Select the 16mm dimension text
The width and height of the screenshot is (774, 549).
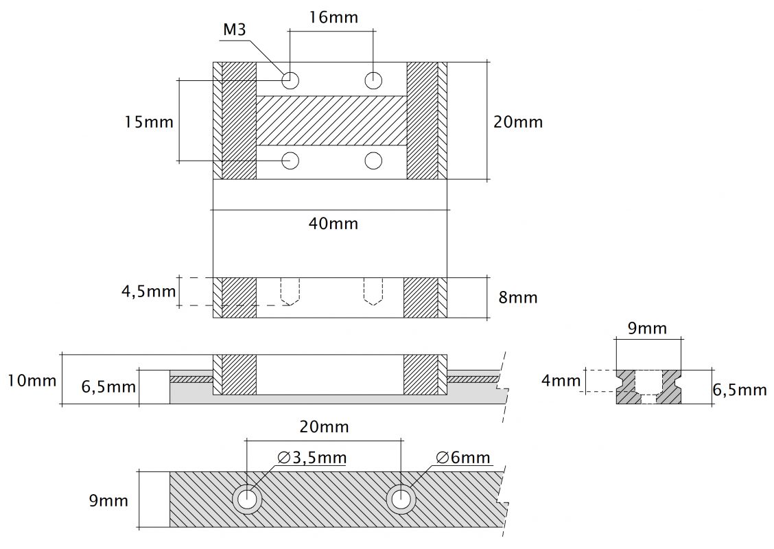coord(333,17)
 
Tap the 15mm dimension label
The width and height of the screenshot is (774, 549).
coord(149,122)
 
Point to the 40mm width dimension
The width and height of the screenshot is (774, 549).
coord(333,223)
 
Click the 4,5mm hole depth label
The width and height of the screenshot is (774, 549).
coord(149,291)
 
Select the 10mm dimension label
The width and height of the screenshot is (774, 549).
coord(32,379)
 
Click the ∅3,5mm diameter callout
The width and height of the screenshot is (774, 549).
coord(312,457)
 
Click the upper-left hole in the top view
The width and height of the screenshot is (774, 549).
coord(291,80)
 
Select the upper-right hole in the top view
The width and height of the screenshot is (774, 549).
coord(373,80)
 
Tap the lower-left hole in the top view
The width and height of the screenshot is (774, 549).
coord(291,161)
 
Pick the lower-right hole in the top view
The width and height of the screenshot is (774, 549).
coord(373,161)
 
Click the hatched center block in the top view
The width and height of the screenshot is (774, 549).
coord(331,120)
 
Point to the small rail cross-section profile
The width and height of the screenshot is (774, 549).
coord(649,386)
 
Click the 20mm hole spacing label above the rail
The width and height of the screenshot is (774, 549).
coord(324,427)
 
